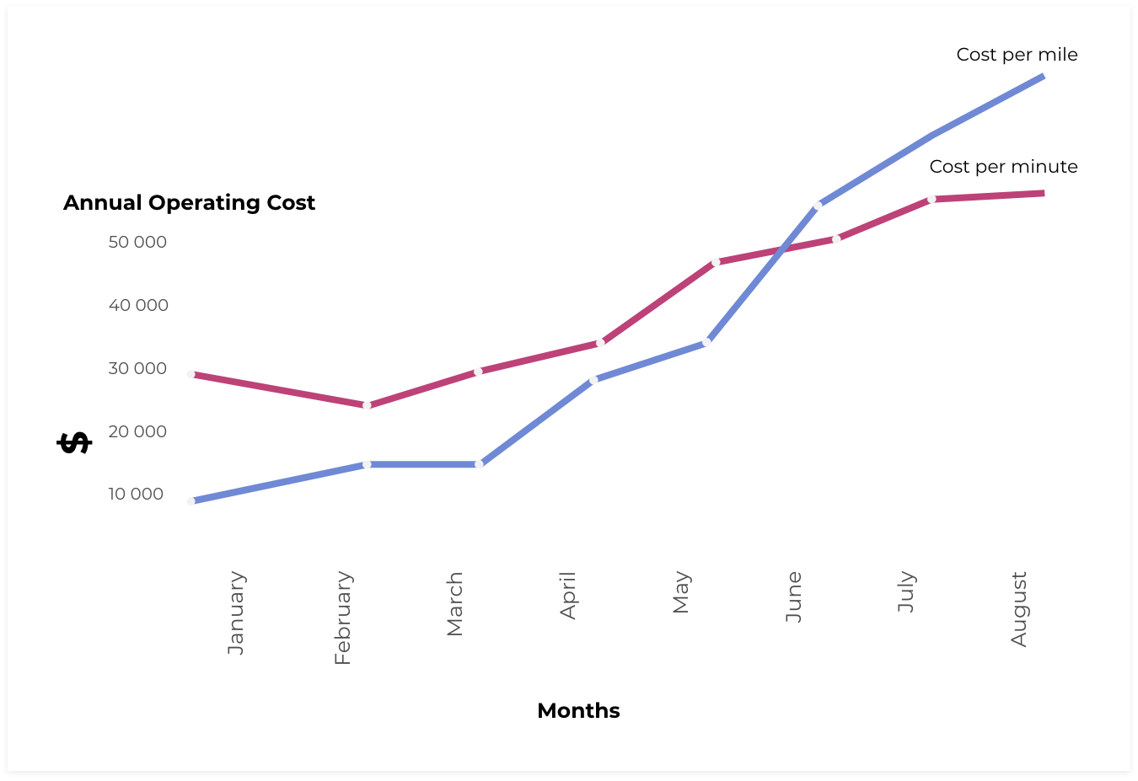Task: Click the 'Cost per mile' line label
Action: tap(1017, 55)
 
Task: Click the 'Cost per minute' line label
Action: tap(1003, 167)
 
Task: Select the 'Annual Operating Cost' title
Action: tap(189, 203)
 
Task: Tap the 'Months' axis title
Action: tap(578, 711)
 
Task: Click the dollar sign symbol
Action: tap(74, 442)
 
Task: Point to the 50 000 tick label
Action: tap(137, 243)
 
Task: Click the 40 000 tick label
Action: tap(138, 306)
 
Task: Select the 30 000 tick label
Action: tap(137, 369)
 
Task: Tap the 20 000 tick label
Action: tap(137, 432)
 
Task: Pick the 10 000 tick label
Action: tap(136, 495)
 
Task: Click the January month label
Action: tap(236, 612)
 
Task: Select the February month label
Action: tap(342, 618)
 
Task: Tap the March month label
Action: tap(455, 603)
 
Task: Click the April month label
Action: tap(568, 595)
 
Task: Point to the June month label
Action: tap(793, 596)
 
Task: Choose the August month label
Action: tap(1019, 608)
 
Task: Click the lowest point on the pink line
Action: tap(367, 405)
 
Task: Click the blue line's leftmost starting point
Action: tap(191, 501)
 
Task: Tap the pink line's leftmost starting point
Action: tap(191, 373)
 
